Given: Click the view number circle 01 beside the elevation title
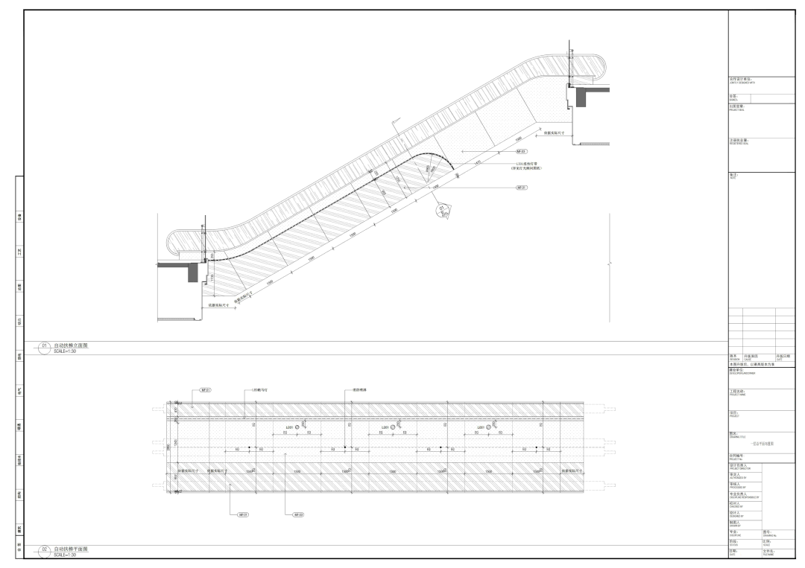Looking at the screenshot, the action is pyautogui.click(x=44, y=346).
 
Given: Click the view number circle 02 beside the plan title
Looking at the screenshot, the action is pyautogui.click(x=44, y=549).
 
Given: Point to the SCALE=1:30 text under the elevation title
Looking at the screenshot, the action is pyautogui.click(x=66, y=351).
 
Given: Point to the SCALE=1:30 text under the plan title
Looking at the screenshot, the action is pyautogui.click(x=66, y=554).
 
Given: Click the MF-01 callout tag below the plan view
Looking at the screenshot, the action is pyautogui.click(x=243, y=514).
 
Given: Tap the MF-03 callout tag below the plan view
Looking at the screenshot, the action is pyautogui.click(x=298, y=514).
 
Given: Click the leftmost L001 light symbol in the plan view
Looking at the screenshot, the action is pyautogui.click(x=298, y=428).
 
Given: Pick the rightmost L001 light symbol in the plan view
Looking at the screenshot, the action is pyautogui.click(x=489, y=428).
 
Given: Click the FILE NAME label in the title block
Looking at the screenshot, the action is pyautogui.click(x=768, y=555).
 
